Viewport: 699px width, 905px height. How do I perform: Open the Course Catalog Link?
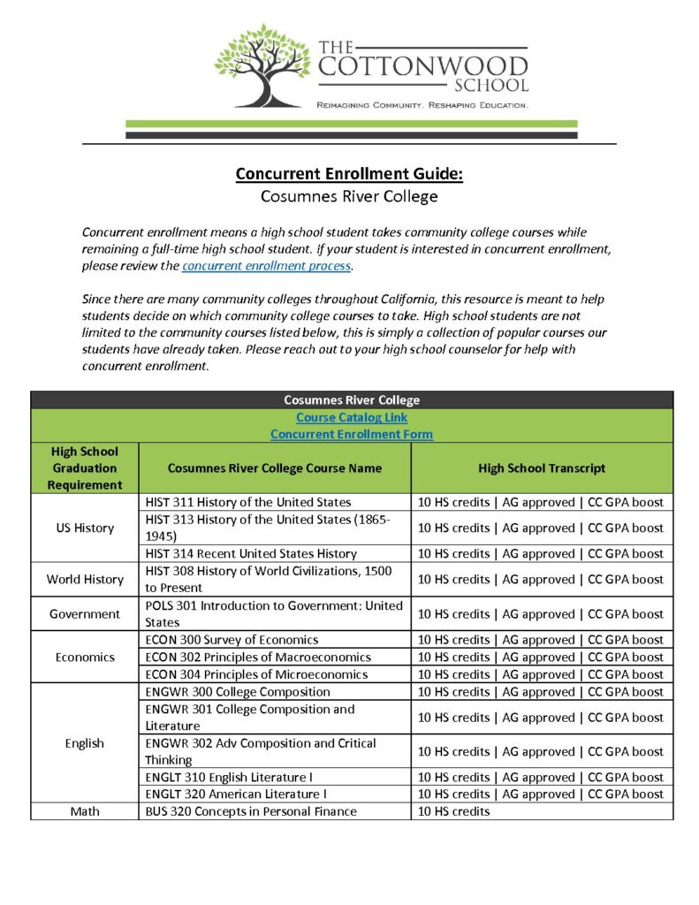(x=352, y=417)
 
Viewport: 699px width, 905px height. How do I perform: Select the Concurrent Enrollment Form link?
(x=352, y=434)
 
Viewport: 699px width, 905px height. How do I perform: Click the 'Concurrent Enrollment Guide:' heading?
(x=349, y=173)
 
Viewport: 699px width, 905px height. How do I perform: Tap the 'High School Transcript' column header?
(x=542, y=468)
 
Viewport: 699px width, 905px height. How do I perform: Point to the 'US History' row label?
(x=85, y=528)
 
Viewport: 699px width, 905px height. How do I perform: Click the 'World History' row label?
(x=85, y=580)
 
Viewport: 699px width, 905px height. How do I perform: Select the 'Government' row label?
(x=85, y=614)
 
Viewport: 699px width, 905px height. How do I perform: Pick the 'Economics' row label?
(x=85, y=657)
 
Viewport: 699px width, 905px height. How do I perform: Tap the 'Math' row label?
(x=85, y=811)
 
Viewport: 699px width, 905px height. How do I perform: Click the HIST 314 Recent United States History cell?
(x=251, y=554)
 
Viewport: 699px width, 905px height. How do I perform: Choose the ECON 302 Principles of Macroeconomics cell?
(x=258, y=657)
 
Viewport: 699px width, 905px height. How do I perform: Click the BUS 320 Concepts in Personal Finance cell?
(x=251, y=811)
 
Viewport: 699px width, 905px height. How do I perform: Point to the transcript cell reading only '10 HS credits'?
(x=453, y=811)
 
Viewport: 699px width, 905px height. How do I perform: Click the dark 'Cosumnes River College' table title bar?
(x=352, y=400)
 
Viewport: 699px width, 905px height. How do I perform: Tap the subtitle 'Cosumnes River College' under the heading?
(x=349, y=197)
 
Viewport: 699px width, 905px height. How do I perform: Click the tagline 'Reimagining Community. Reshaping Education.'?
(x=422, y=105)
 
